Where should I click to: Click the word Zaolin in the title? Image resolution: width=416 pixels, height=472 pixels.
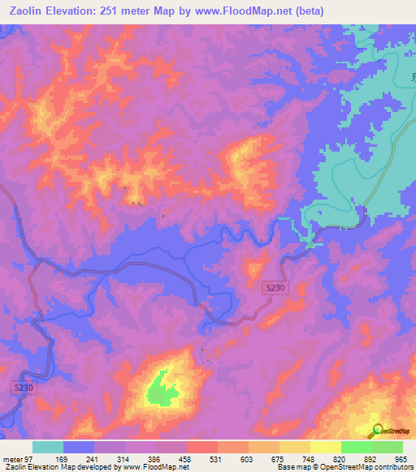24,11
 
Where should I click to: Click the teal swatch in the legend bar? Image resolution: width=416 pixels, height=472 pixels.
48,447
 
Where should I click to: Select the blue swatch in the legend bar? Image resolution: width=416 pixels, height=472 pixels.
79,447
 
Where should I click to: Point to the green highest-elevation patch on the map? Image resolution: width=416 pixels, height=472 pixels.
162,393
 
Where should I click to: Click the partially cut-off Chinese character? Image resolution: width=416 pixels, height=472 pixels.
412,78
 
